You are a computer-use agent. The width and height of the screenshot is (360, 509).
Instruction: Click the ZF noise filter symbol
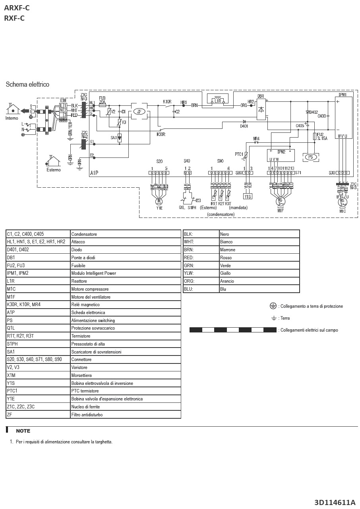139,111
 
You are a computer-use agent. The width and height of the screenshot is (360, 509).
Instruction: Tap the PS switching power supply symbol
311,157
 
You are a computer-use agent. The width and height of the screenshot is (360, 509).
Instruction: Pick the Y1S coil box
248,196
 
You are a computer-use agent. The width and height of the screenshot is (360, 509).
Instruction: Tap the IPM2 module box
281,155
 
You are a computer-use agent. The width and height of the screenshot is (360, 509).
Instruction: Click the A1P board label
94,173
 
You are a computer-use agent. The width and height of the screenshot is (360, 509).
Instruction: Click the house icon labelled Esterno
53,161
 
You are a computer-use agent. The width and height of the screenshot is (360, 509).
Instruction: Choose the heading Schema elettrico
27,85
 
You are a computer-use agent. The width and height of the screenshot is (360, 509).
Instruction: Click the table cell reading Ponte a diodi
83,258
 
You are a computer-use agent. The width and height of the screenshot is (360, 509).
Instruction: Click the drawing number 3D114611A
335,502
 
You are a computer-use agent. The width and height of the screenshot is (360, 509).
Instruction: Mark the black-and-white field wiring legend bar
233,330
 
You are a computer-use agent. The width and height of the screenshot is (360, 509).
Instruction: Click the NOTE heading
23,431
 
